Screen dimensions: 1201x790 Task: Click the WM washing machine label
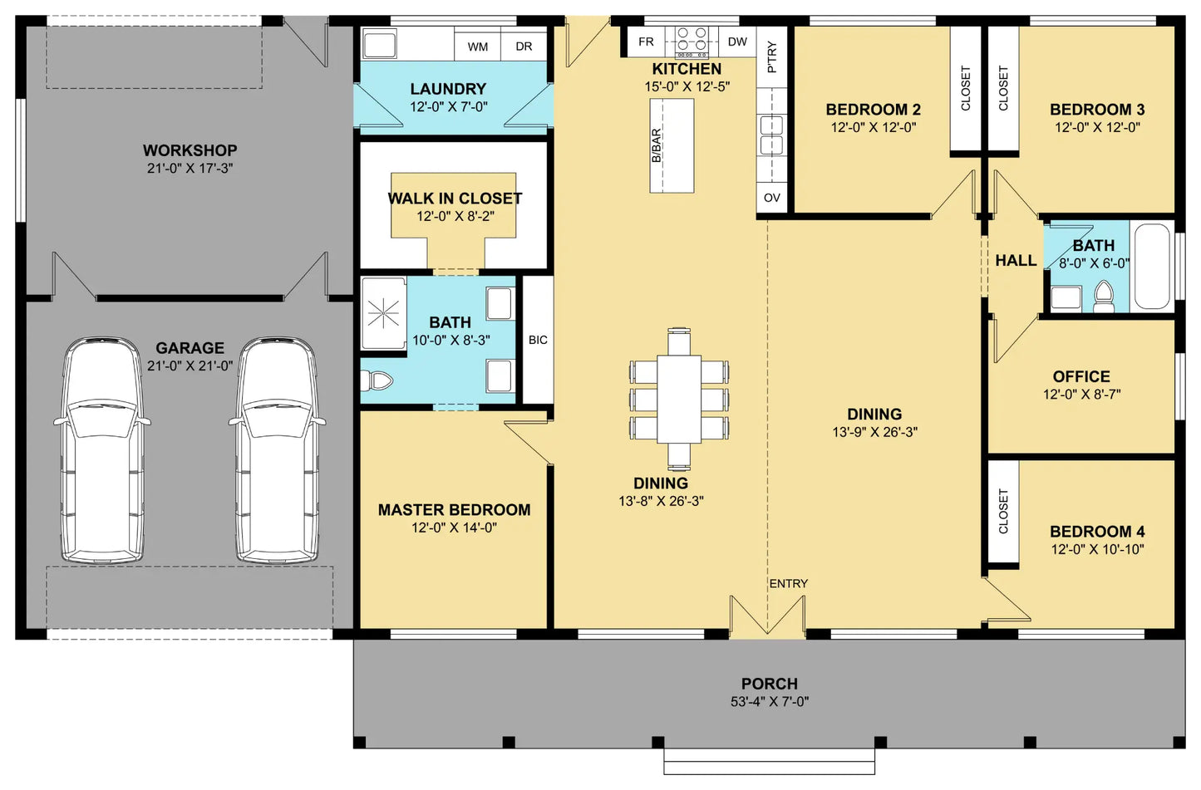pos(478,47)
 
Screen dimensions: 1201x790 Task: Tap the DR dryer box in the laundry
pos(524,45)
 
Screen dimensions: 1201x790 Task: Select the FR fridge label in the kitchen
pos(646,42)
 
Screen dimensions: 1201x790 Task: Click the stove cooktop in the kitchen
pos(692,42)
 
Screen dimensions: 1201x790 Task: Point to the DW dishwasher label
pos(738,42)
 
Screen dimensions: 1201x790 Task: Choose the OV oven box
pos(772,198)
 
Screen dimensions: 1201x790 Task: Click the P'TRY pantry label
pos(772,56)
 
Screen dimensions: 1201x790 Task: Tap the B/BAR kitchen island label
pos(657,145)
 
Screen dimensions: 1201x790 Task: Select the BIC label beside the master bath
pos(538,340)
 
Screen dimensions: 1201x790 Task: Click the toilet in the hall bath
pos(1104,297)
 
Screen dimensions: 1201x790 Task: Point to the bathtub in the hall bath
pos(1152,267)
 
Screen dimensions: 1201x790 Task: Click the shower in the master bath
pos(383,313)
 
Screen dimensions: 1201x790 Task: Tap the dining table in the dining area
pos(679,399)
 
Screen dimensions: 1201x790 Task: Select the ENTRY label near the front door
pos(788,584)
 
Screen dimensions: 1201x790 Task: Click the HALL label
pos(1016,261)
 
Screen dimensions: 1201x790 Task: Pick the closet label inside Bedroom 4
pos(1003,512)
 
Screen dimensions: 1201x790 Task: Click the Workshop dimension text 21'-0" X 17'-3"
pos(190,169)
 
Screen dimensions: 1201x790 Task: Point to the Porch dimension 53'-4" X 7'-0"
pos(770,702)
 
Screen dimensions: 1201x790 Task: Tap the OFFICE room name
pos(1081,376)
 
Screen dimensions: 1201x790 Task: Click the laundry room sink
pos(380,43)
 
